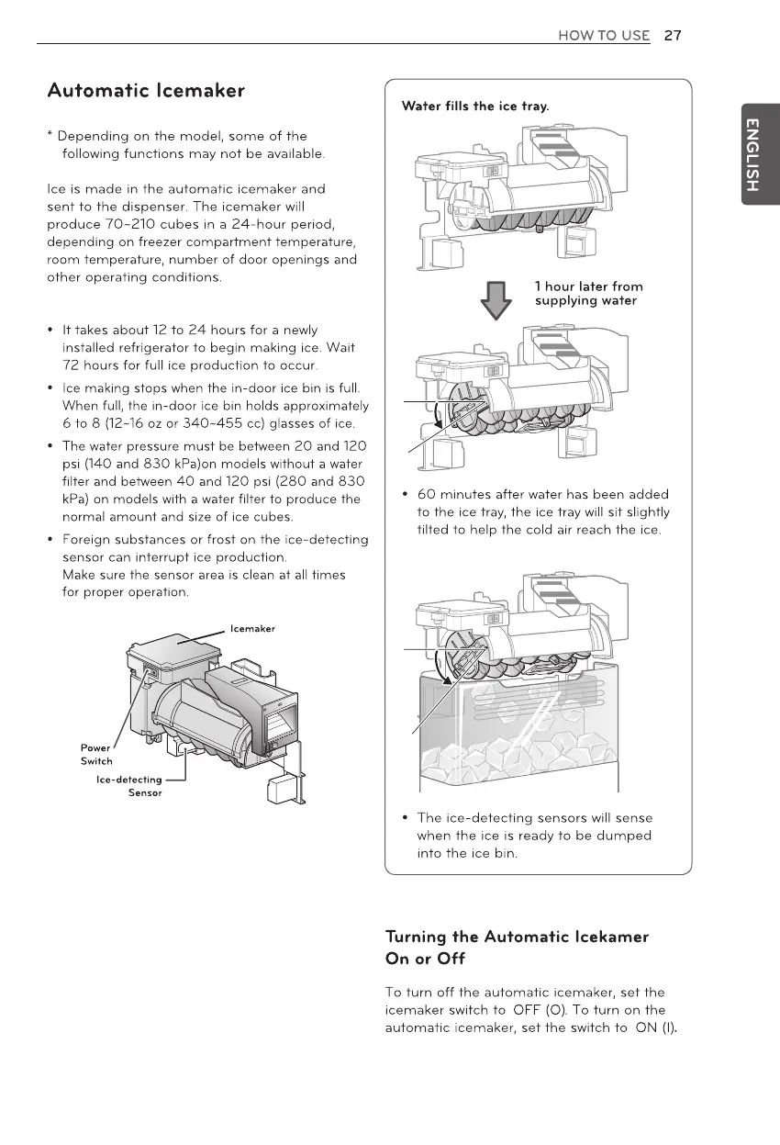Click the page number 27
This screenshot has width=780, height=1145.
coord(673,36)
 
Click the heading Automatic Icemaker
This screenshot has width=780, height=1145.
coord(146,91)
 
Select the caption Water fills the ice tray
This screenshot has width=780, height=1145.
coord(475,107)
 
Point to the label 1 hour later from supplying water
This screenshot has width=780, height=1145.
coord(588,294)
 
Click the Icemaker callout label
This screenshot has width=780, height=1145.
coord(253,628)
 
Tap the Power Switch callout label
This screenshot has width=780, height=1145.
coord(96,754)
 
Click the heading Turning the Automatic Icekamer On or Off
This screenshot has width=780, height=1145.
coord(518,948)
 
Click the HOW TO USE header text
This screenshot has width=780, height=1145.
coord(603,36)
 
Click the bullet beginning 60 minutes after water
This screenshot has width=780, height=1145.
coord(541,512)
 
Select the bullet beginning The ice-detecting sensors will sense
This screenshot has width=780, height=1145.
coord(534,836)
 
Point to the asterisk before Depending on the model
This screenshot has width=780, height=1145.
coord(50,137)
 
